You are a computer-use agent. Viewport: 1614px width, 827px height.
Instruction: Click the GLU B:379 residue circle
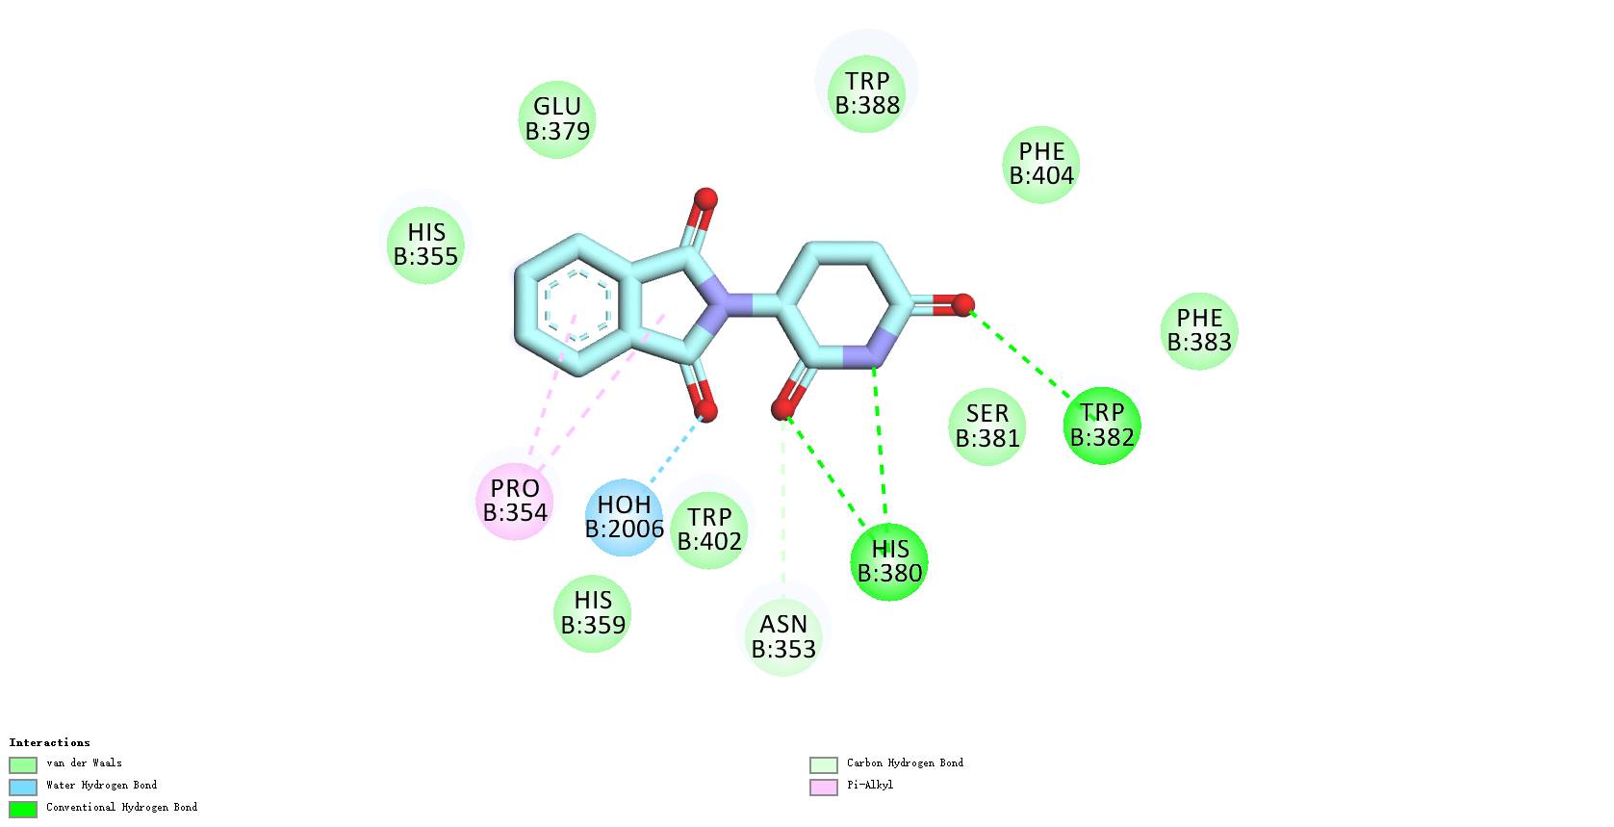pyautogui.click(x=557, y=118)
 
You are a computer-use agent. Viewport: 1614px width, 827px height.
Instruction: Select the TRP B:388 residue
pyautogui.click(x=867, y=92)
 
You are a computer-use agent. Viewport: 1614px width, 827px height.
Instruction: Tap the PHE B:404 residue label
pyautogui.click(x=1041, y=164)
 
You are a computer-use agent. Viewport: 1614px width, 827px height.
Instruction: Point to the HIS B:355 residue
pyautogui.click(x=425, y=245)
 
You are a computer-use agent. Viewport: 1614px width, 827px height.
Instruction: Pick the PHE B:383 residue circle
pyautogui.click(x=1199, y=330)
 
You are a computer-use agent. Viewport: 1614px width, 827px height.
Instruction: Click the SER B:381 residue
pyautogui.click(x=987, y=426)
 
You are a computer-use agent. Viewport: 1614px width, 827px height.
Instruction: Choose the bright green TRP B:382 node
pyautogui.click(x=1102, y=425)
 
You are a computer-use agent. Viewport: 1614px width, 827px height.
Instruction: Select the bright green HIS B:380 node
pyautogui.click(x=889, y=561)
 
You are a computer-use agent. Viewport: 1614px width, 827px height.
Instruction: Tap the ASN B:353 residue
pyautogui.click(x=783, y=636)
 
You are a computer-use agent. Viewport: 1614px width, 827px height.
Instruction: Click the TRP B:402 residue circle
pyautogui.click(x=709, y=530)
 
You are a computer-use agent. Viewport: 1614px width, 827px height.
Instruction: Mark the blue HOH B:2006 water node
pyautogui.click(x=625, y=517)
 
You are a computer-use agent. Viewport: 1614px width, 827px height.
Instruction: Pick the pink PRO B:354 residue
pyautogui.click(x=515, y=501)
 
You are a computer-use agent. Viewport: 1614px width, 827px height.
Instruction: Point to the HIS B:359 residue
pyautogui.click(x=593, y=612)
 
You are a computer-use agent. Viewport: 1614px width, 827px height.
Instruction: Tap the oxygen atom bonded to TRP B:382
pyautogui.click(x=962, y=305)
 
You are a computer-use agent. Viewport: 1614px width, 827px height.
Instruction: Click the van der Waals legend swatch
pyautogui.click(x=23, y=764)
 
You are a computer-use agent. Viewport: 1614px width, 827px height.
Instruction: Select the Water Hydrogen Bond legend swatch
pyautogui.click(x=23, y=787)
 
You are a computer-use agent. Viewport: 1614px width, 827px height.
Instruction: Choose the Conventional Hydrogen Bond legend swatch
pyautogui.click(x=23, y=809)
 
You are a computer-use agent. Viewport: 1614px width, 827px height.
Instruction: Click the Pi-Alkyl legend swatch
pyautogui.click(x=824, y=787)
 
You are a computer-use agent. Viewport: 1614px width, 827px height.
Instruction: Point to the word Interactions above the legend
pyautogui.click(x=50, y=742)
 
